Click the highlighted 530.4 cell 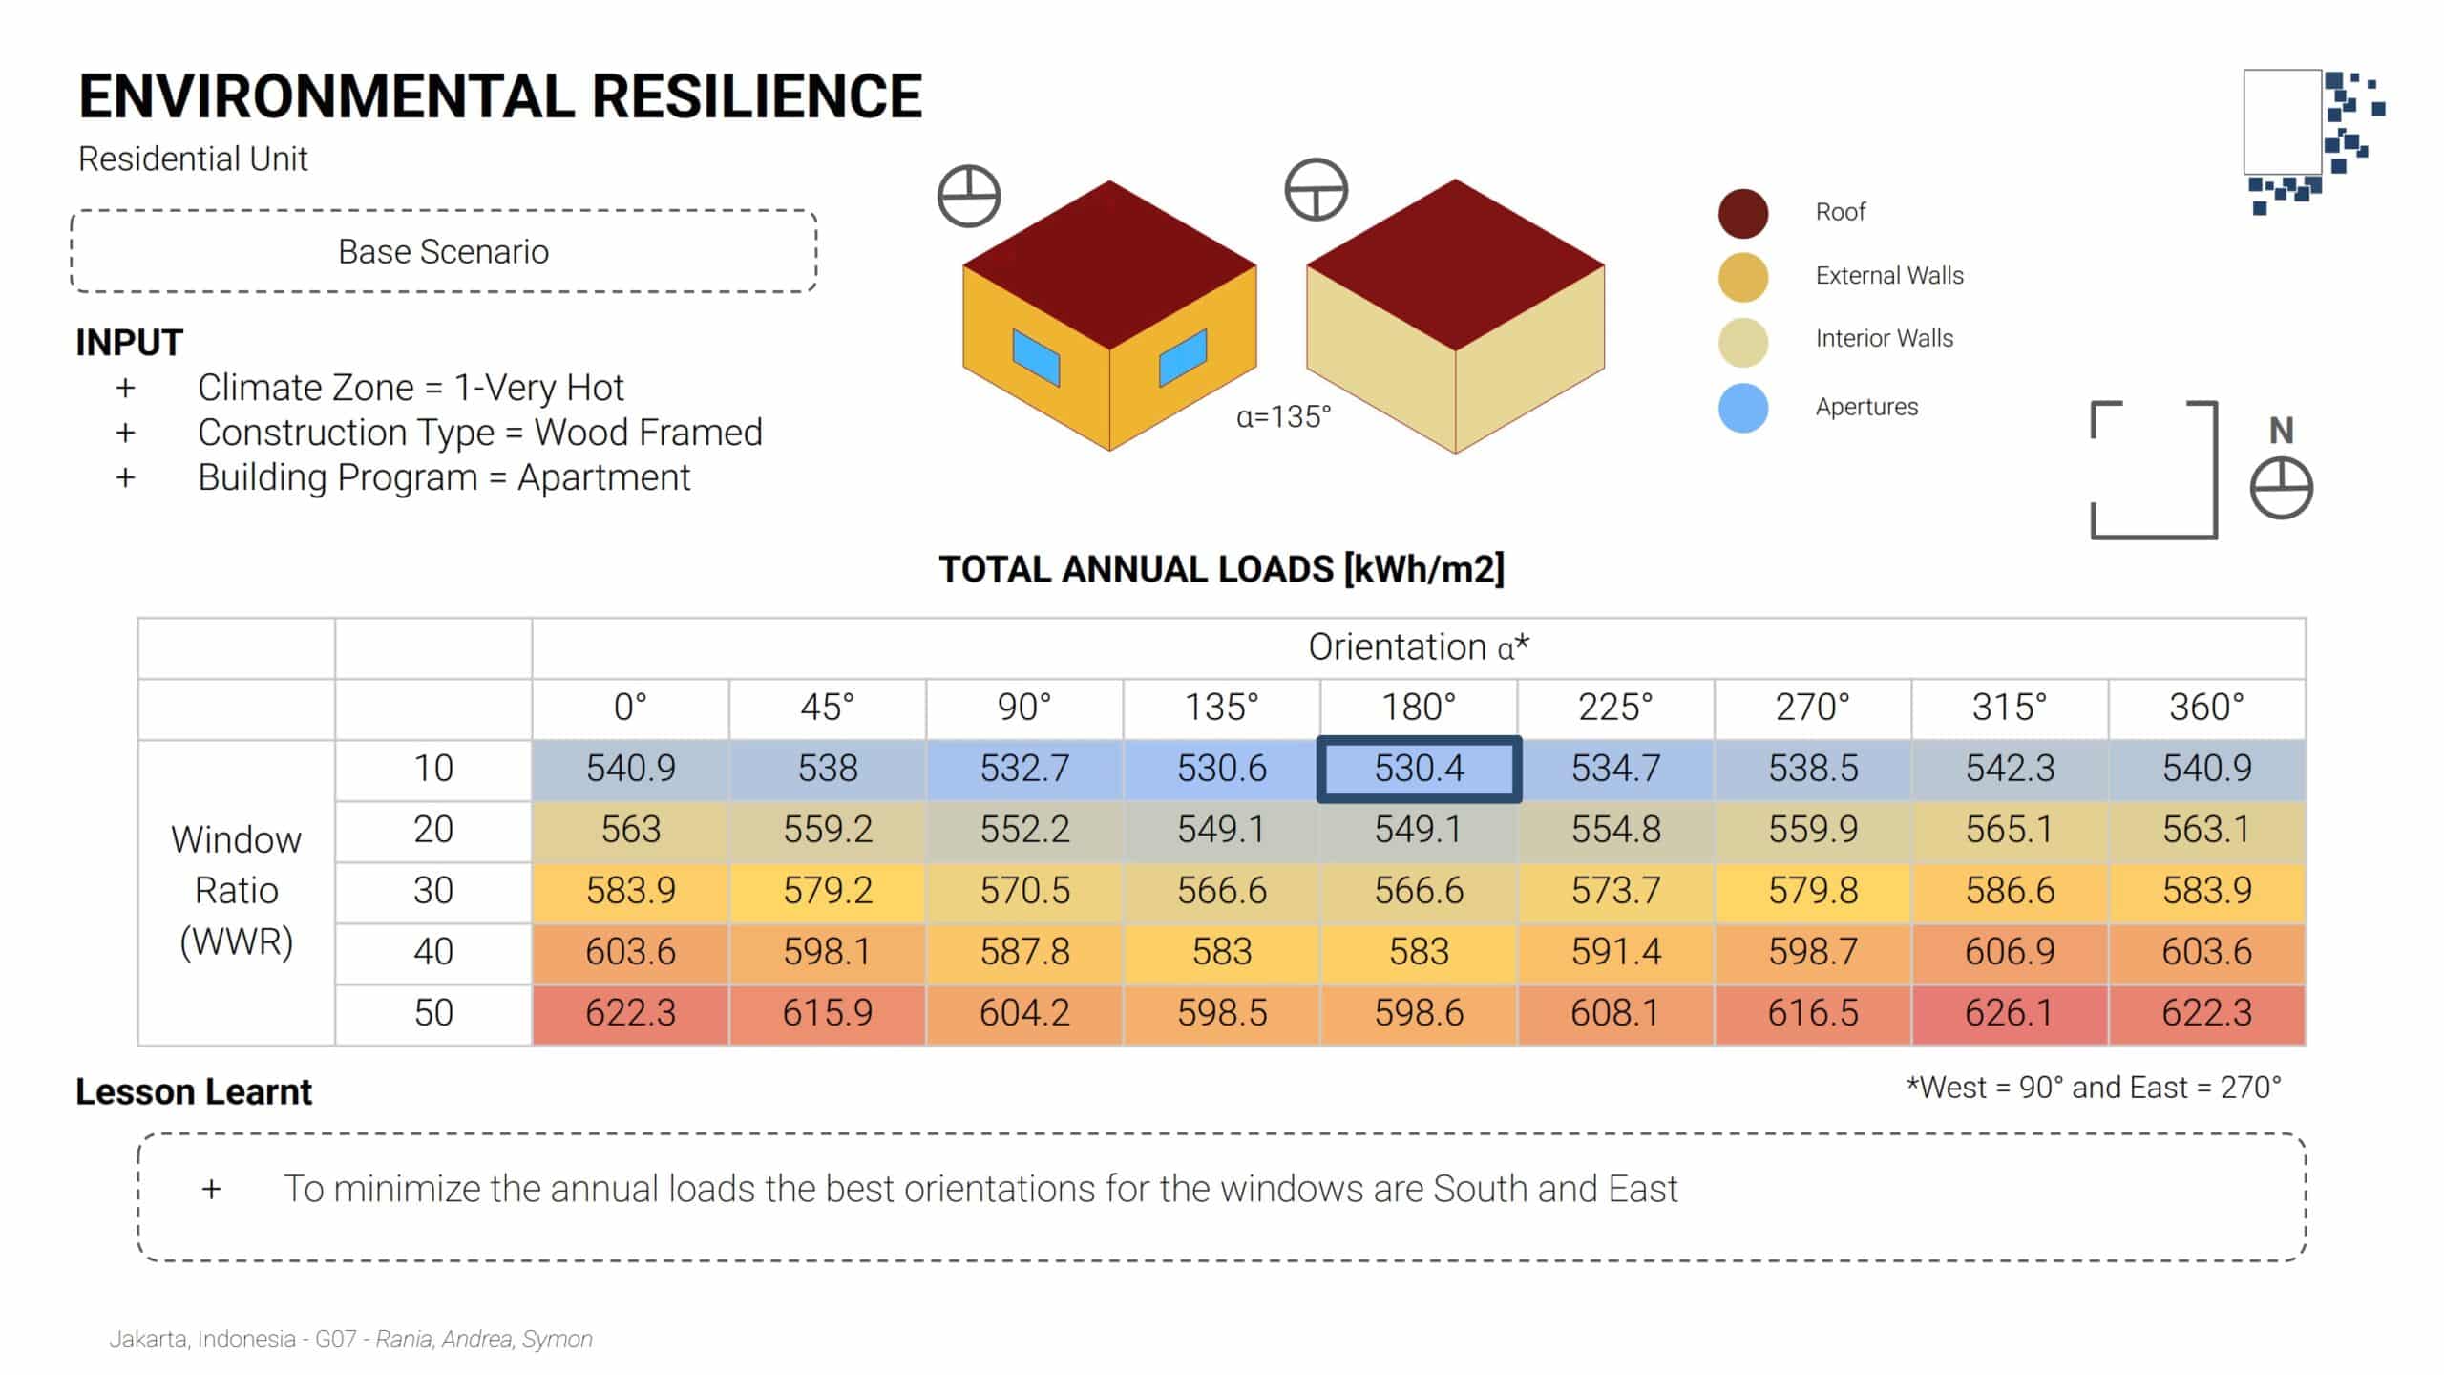point(1419,769)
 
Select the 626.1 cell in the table point(2010,1013)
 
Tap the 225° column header point(1615,708)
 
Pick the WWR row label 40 point(432,952)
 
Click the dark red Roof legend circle point(1743,213)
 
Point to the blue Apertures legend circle point(1743,408)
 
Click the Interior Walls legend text point(1884,339)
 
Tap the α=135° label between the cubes point(1283,417)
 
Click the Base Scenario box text point(443,252)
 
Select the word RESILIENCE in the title point(756,97)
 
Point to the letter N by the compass point(2281,431)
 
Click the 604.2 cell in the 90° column point(1024,1013)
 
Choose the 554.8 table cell point(1615,830)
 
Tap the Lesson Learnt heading point(194,1091)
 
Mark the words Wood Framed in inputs point(648,433)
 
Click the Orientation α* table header point(1419,647)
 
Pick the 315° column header point(2010,708)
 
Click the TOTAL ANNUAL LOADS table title point(1221,569)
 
